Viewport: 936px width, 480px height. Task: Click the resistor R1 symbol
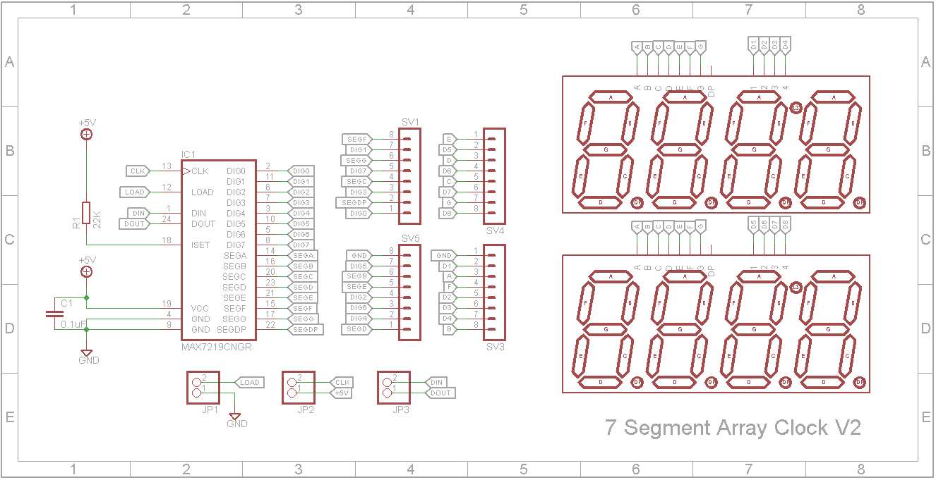point(86,213)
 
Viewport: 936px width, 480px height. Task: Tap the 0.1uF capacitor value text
point(73,325)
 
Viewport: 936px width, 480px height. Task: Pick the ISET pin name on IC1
point(200,245)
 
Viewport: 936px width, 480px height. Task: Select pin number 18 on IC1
point(167,240)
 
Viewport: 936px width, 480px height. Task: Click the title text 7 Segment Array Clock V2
point(733,428)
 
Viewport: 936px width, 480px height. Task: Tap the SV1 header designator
point(411,122)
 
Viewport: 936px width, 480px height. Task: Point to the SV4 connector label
point(496,230)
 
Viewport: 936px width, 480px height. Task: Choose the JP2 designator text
point(306,410)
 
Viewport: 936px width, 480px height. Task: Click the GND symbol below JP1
point(236,417)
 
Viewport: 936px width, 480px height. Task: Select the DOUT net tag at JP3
point(441,393)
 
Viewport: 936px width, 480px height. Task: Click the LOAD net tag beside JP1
point(249,383)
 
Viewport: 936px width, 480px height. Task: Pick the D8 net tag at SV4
point(448,213)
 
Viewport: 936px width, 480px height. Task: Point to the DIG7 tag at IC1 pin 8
point(301,245)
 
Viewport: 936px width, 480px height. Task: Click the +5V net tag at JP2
point(341,393)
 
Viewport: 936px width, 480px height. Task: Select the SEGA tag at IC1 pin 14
point(303,255)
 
